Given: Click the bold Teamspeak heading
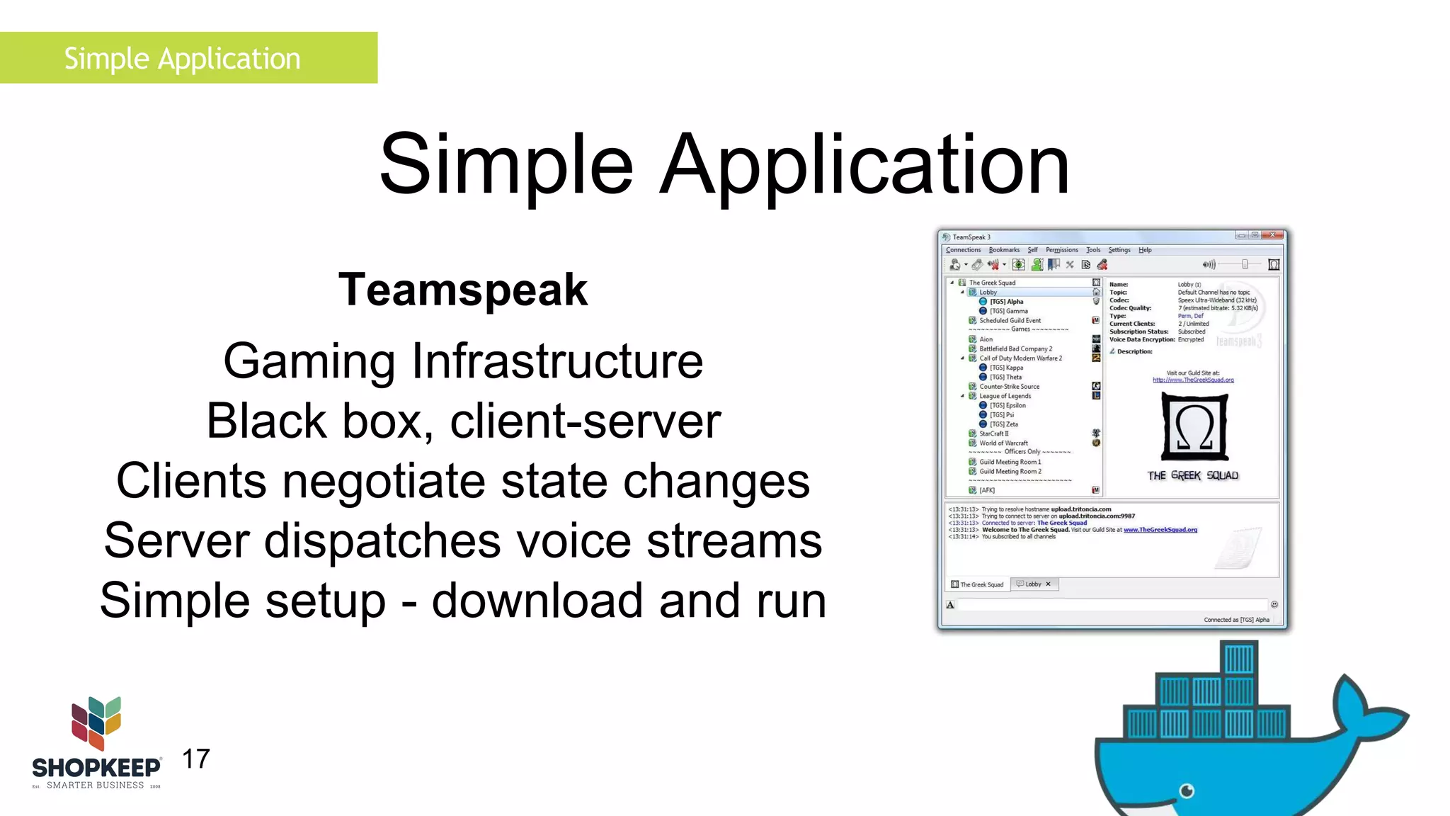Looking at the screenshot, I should [463, 290].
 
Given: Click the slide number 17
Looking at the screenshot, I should [196, 759].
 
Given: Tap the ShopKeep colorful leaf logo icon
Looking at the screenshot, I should [96, 722].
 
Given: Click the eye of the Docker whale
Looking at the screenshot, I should [1187, 790].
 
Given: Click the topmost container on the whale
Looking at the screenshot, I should [1239, 658].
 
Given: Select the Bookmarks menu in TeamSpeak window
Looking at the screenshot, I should [1004, 250].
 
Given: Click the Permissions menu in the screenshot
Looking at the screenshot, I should [1061, 250].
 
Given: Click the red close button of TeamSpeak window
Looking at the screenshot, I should [1273, 235].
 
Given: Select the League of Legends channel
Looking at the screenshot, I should [1005, 396].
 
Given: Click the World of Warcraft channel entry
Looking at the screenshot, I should [1003, 443].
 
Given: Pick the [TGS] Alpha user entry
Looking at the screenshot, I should [1006, 302].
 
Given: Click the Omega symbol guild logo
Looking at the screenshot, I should [1194, 427].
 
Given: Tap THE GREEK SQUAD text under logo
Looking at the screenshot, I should [1193, 475].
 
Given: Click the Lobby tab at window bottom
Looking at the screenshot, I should [1033, 584].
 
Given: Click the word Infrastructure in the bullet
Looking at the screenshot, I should [557, 361].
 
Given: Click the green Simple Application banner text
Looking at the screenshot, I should [183, 58].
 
